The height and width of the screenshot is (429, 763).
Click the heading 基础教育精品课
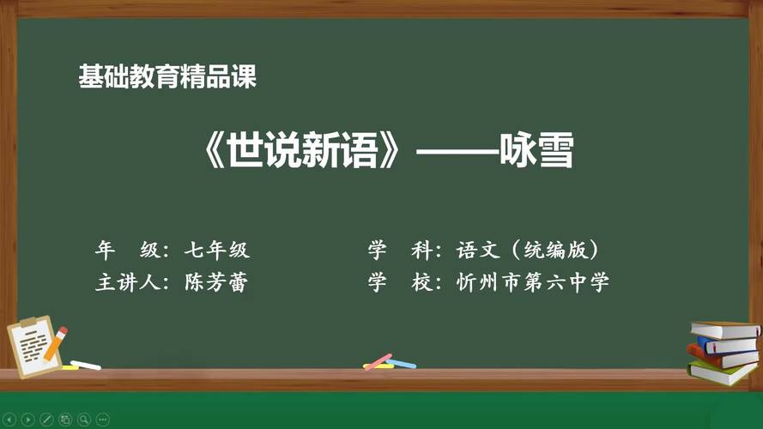point(167,78)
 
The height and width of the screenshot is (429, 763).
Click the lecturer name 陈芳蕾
point(216,283)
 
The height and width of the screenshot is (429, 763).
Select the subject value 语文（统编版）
point(527,251)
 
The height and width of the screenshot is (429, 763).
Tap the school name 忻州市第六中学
point(532,283)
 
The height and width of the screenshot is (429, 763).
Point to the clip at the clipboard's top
point(29,323)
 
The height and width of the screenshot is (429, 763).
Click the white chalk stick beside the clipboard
point(85,365)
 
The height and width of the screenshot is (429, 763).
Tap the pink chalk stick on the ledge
point(378,361)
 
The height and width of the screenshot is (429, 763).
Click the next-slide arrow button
point(28,420)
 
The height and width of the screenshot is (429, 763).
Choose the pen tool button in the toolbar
point(47,420)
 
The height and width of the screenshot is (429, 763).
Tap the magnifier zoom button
point(83,420)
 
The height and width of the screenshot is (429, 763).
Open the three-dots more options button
point(102,420)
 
